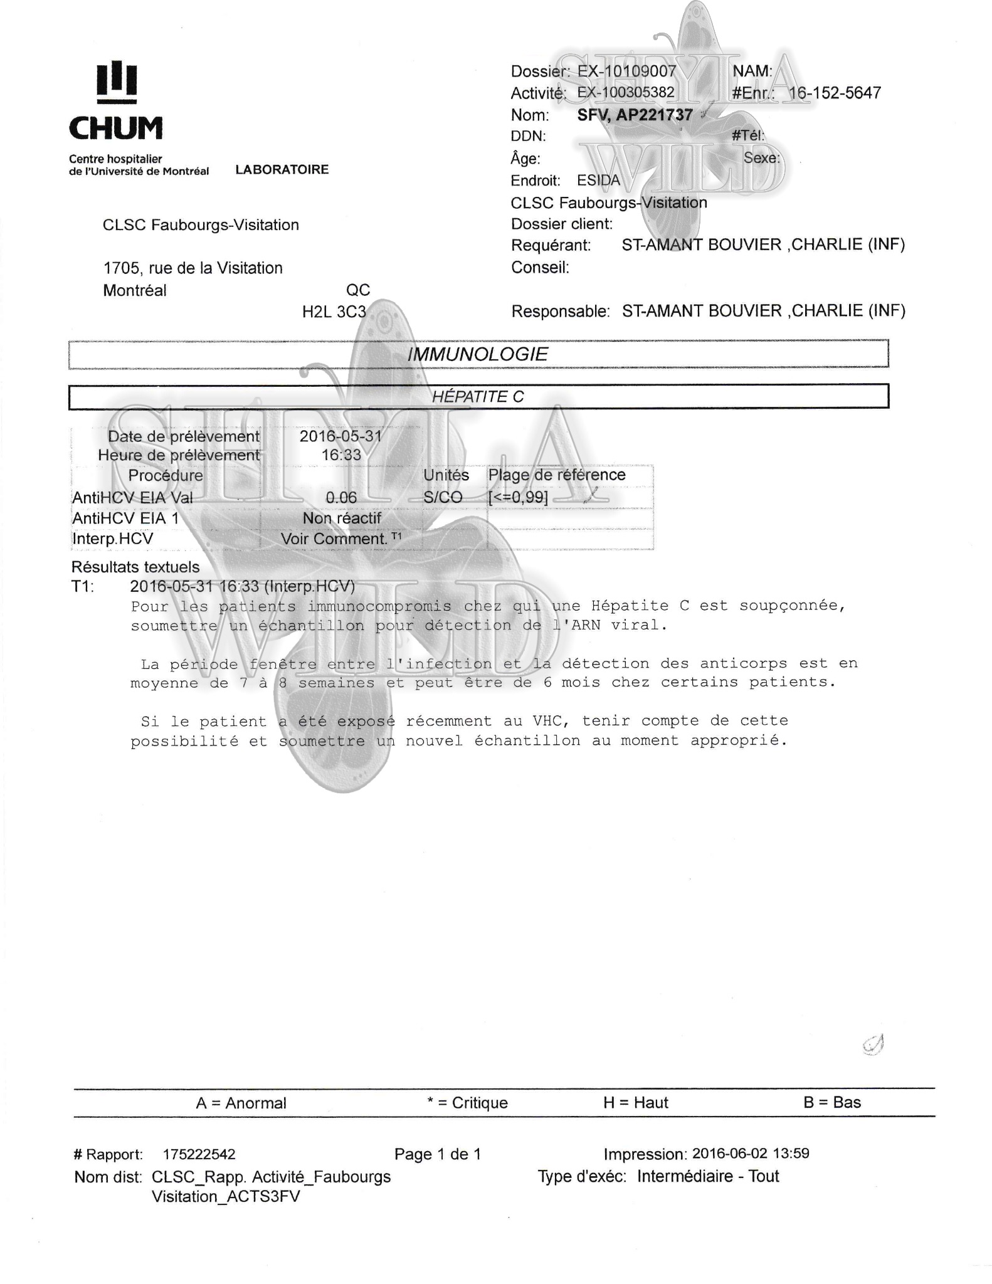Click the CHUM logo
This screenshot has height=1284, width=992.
(x=116, y=100)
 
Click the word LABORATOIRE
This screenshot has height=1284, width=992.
(x=282, y=170)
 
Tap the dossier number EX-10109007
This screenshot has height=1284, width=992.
(x=626, y=71)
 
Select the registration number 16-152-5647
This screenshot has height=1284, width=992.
(x=834, y=93)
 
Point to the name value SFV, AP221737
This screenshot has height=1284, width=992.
(x=635, y=115)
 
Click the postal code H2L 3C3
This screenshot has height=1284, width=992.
(x=334, y=312)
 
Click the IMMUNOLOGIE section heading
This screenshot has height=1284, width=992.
(x=478, y=354)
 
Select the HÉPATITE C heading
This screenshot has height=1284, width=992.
(x=478, y=396)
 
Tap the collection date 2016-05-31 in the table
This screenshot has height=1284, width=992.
(x=340, y=436)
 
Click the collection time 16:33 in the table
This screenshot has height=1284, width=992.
(x=341, y=455)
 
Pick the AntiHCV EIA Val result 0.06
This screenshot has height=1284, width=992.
(x=341, y=498)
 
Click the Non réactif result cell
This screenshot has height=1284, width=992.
(x=342, y=518)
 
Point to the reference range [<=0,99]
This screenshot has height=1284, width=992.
(x=518, y=498)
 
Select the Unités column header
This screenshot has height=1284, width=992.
(x=446, y=475)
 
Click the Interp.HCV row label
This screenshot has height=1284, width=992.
(x=113, y=539)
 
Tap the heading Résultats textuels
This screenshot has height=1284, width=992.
(x=135, y=567)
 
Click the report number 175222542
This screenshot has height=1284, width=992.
(x=199, y=1154)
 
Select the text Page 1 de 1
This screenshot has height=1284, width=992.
(x=437, y=1154)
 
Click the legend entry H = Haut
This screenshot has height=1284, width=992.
(x=635, y=1103)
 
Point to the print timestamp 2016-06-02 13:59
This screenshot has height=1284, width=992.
(x=750, y=1154)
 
